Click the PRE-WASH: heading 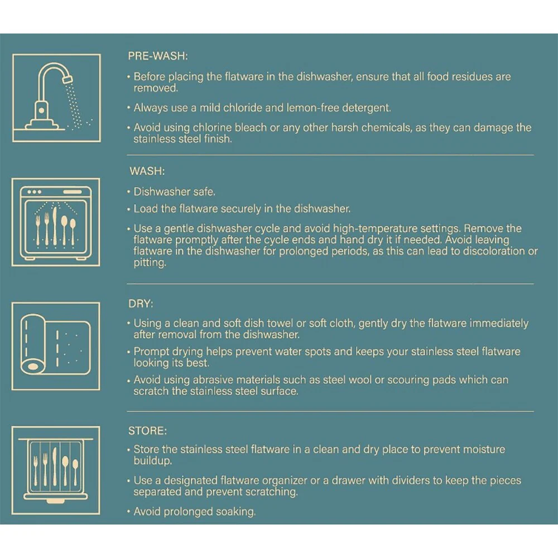pyautogui.click(x=158, y=56)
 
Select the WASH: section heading pyautogui.click(x=147, y=171)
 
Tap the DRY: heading pyautogui.click(x=141, y=304)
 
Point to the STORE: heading pyautogui.click(x=147, y=431)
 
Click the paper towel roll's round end pyautogui.click(x=33, y=366)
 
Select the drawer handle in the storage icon pyautogui.click(x=55, y=501)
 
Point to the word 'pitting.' pyautogui.click(x=150, y=263)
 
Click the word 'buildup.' pyautogui.click(x=153, y=461)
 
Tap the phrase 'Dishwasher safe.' pyautogui.click(x=174, y=192)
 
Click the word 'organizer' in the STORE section pyautogui.click(x=285, y=480)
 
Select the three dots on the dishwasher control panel pyautogui.click(x=34, y=192)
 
